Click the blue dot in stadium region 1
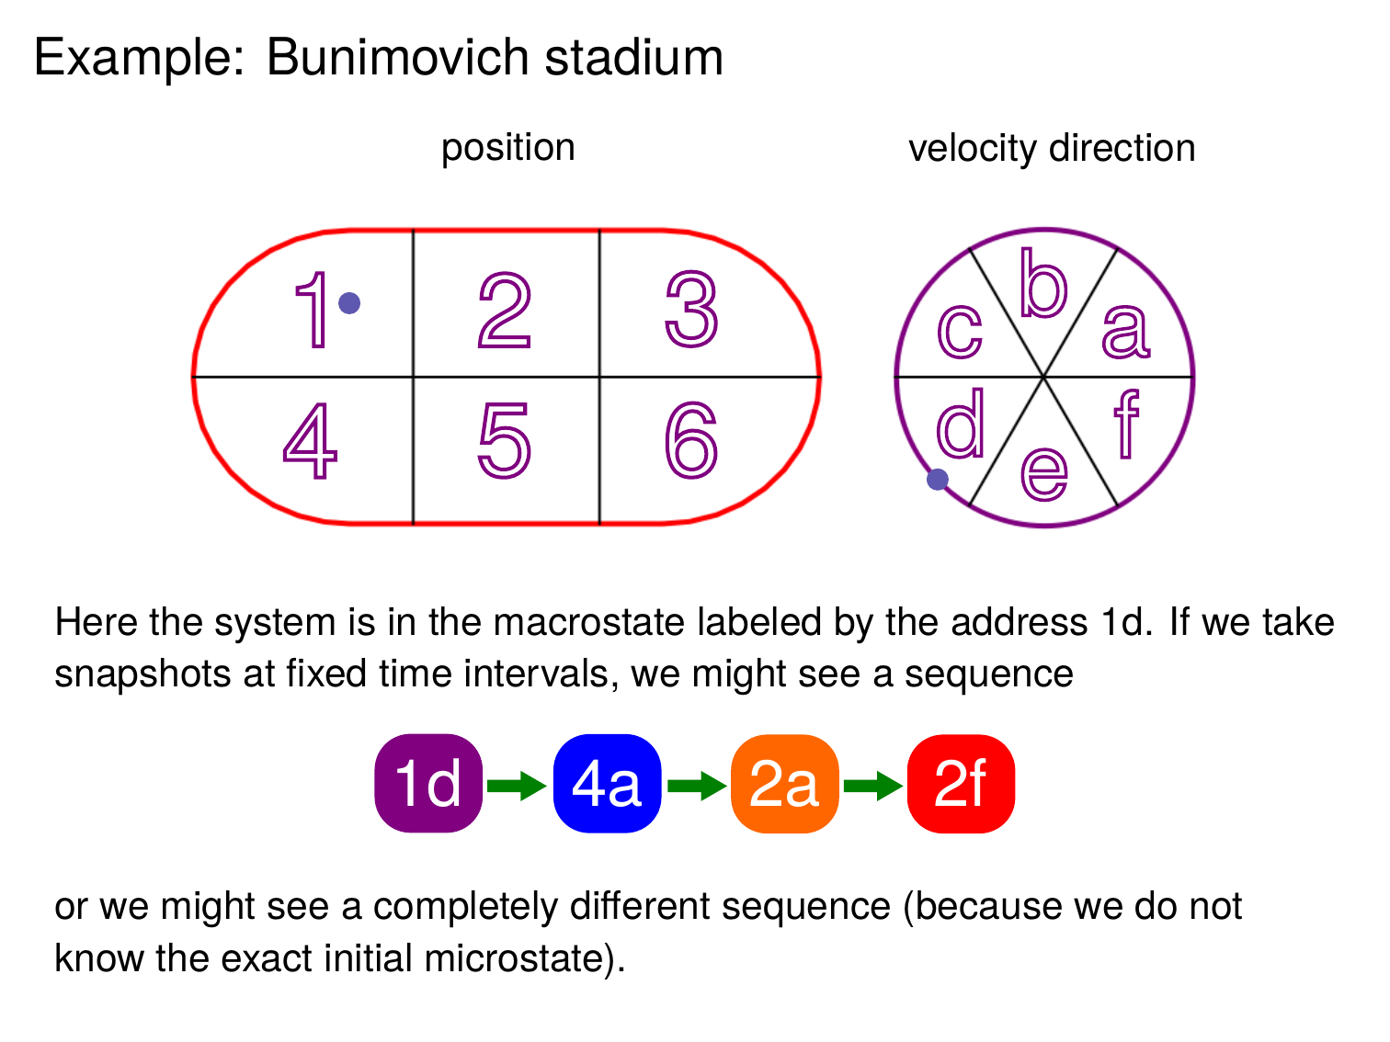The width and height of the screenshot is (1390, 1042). click(349, 303)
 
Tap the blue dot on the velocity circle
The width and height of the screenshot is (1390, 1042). click(938, 479)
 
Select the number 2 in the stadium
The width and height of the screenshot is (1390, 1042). click(505, 311)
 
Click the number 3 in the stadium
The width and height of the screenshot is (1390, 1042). click(691, 311)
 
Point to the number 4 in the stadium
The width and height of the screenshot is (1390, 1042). click(310, 441)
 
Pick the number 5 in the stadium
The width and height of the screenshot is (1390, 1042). click(505, 441)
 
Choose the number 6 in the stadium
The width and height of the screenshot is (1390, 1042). click(691, 441)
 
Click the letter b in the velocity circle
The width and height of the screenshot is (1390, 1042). click(1043, 283)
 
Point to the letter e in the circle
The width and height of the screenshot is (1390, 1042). click(1044, 472)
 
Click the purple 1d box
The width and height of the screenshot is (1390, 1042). click(428, 784)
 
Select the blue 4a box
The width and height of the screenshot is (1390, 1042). click(607, 784)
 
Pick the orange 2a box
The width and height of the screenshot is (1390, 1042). click(784, 784)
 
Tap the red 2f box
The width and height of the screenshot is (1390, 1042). click(961, 784)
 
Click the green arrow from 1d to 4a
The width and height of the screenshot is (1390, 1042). click(517, 786)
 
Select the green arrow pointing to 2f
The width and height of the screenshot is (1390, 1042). click(872, 786)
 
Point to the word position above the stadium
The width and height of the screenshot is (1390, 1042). click(507, 148)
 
